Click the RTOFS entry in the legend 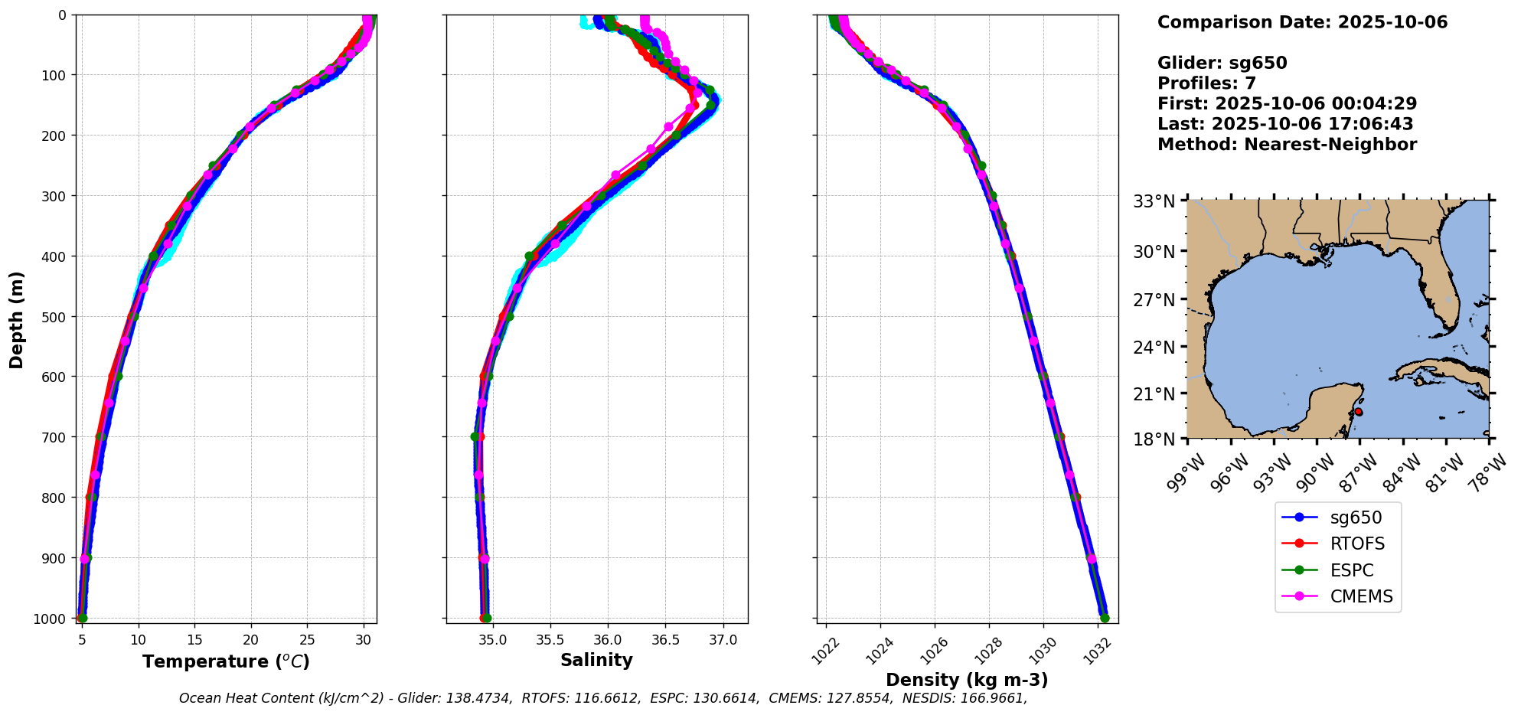[x=1356, y=544]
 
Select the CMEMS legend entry [x=1361, y=596]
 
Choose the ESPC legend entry [x=1351, y=570]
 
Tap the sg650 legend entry [x=1355, y=517]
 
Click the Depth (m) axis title [x=17, y=319]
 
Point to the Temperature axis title [x=226, y=661]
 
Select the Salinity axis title [x=596, y=661]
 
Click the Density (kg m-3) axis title [x=967, y=680]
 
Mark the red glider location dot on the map [x=1359, y=412]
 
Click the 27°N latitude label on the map [x=1154, y=300]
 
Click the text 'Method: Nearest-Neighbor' [x=1287, y=145]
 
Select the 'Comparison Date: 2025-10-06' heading [x=1302, y=22]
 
